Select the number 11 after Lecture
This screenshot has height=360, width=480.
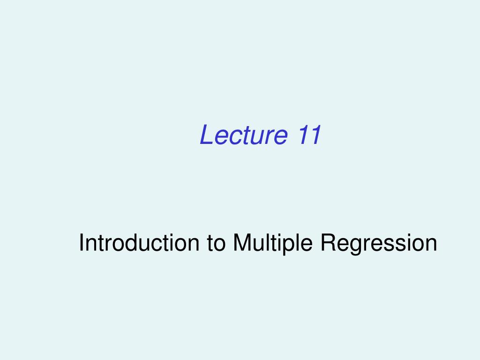pyautogui.click(x=308, y=135)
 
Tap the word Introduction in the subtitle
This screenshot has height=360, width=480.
pyautogui.click(x=138, y=243)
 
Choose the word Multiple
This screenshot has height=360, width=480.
pyautogui.click(x=274, y=243)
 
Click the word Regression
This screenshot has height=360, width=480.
pyautogui.click(x=379, y=243)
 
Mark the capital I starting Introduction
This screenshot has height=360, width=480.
pyautogui.click(x=82, y=243)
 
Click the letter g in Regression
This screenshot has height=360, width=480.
pyautogui.click(x=353, y=246)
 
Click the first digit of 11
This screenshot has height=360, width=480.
pyautogui.click(x=301, y=135)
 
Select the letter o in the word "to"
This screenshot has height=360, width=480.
pyautogui.click(x=218, y=245)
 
